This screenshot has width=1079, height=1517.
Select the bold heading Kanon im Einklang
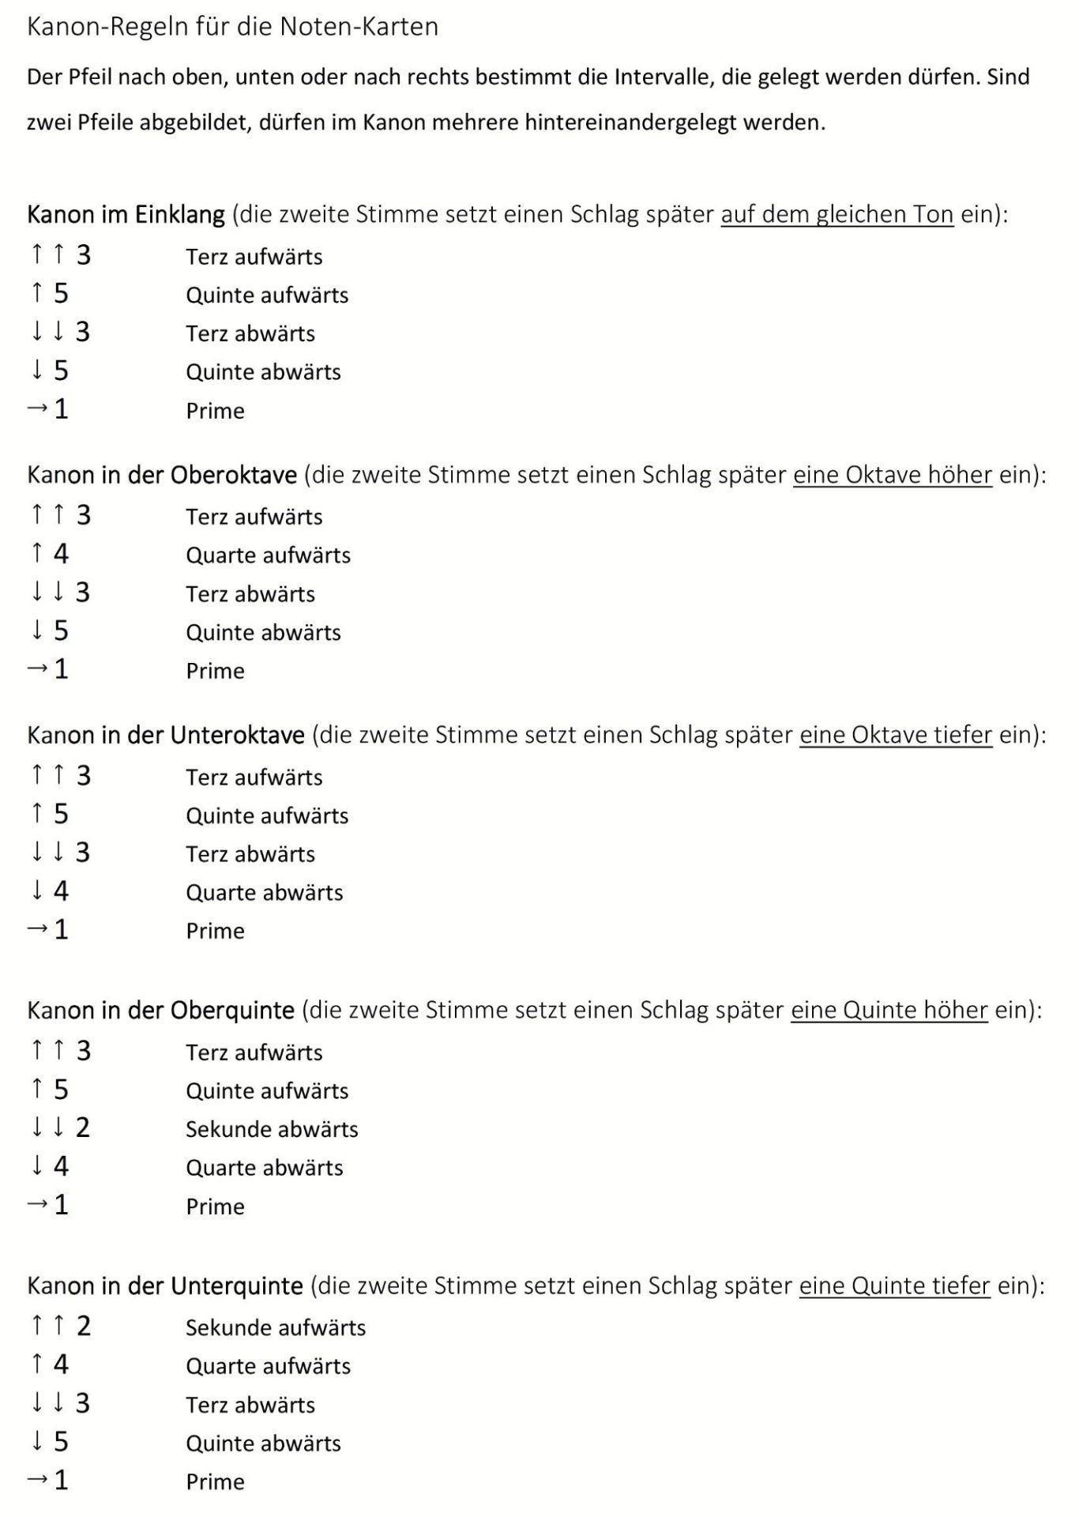126,214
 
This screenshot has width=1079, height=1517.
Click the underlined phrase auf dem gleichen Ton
837,214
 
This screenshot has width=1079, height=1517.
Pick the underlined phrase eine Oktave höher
892,475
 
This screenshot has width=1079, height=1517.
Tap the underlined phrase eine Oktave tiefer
895,735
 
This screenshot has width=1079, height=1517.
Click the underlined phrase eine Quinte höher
889,1010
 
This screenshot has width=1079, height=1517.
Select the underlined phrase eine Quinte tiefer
894,1285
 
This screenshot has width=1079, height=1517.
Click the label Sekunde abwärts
272,1129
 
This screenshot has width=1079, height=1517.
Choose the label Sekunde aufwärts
276,1327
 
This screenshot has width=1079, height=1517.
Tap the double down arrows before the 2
47,1127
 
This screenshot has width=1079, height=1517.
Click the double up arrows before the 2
47,1326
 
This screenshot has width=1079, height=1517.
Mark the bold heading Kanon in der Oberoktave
162,475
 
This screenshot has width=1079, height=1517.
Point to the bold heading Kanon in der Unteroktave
166,735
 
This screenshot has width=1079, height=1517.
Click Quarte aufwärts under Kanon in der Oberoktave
268,555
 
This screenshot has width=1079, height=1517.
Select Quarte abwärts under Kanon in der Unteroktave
265,893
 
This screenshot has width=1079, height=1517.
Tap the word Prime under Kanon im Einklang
215,411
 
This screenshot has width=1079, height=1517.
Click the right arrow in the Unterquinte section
37,1480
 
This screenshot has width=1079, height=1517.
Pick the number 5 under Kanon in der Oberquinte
61,1090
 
